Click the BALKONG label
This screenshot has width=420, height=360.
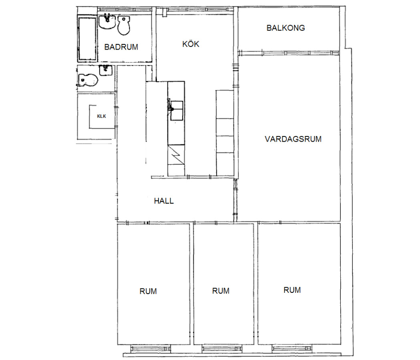[285, 28]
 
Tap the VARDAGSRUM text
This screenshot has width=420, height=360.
[293, 139]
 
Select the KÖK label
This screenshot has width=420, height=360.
[191, 44]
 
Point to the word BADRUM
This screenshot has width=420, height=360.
[121, 47]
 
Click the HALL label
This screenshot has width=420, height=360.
[164, 201]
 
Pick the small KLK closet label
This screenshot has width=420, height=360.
[102, 116]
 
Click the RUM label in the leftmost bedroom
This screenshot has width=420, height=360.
[148, 291]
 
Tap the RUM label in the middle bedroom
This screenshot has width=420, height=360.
[221, 291]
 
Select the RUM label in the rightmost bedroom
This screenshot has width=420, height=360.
[292, 290]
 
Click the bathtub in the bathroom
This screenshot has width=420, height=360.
[87, 38]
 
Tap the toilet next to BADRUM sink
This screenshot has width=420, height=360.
[124, 25]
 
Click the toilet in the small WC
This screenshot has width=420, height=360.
[88, 80]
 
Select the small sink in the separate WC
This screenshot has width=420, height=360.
[106, 70]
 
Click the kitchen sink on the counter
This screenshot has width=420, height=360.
[177, 110]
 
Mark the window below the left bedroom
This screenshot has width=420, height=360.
[151, 349]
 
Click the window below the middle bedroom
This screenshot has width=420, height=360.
[222, 349]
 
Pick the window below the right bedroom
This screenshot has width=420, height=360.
[292, 348]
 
